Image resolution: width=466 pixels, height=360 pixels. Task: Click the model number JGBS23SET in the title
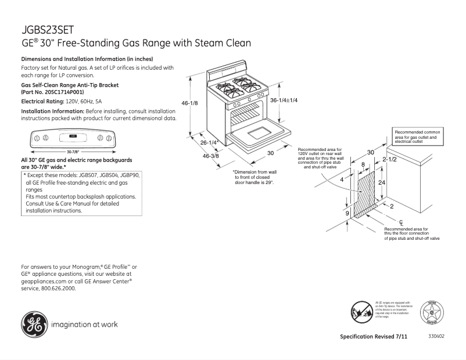(x=47, y=30)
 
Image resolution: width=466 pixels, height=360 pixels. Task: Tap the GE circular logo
(x=34, y=324)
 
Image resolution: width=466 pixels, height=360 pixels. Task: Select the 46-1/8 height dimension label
(x=189, y=103)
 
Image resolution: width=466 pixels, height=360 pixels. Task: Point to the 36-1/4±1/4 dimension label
(x=284, y=100)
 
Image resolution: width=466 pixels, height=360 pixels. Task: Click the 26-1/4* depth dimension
(x=209, y=143)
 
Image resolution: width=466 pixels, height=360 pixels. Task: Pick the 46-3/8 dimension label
(x=210, y=156)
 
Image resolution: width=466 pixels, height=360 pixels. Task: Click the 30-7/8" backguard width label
(x=73, y=150)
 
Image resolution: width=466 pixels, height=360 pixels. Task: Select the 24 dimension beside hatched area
(x=382, y=182)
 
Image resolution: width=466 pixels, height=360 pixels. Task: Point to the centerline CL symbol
(x=401, y=222)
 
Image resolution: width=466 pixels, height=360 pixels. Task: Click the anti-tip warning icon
(x=361, y=313)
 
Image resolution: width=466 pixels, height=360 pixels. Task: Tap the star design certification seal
(x=432, y=314)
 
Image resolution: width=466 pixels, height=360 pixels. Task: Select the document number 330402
(x=436, y=337)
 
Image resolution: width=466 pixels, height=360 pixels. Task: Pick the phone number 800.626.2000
(x=58, y=288)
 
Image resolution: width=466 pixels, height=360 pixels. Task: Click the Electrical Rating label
(x=42, y=101)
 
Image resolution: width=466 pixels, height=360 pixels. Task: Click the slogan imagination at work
(x=85, y=325)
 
